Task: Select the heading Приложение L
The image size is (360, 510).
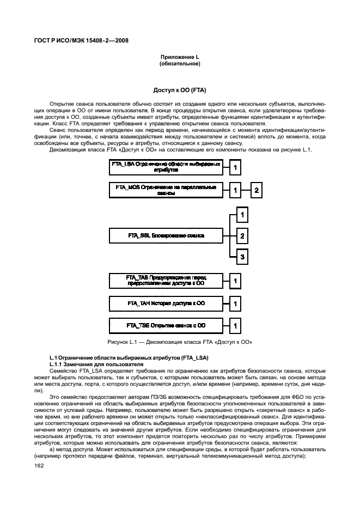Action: point(180,57)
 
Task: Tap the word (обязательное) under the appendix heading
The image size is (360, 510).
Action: point(180,64)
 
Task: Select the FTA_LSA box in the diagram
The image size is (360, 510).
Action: point(166,167)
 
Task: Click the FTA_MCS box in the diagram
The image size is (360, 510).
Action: point(166,190)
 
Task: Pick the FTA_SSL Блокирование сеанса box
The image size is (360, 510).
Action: point(166,235)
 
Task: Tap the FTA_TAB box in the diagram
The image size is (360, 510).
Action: point(166,281)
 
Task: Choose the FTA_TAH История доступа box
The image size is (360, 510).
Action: point(166,303)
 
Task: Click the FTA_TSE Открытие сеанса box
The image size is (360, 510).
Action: point(166,325)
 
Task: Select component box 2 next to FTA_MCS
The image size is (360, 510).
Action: point(257,190)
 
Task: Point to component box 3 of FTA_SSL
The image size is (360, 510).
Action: point(242,256)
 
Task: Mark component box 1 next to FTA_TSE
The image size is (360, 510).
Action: point(235,326)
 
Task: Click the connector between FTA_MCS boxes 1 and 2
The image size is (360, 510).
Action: point(246,190)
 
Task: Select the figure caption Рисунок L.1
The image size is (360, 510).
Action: point(180,342)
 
